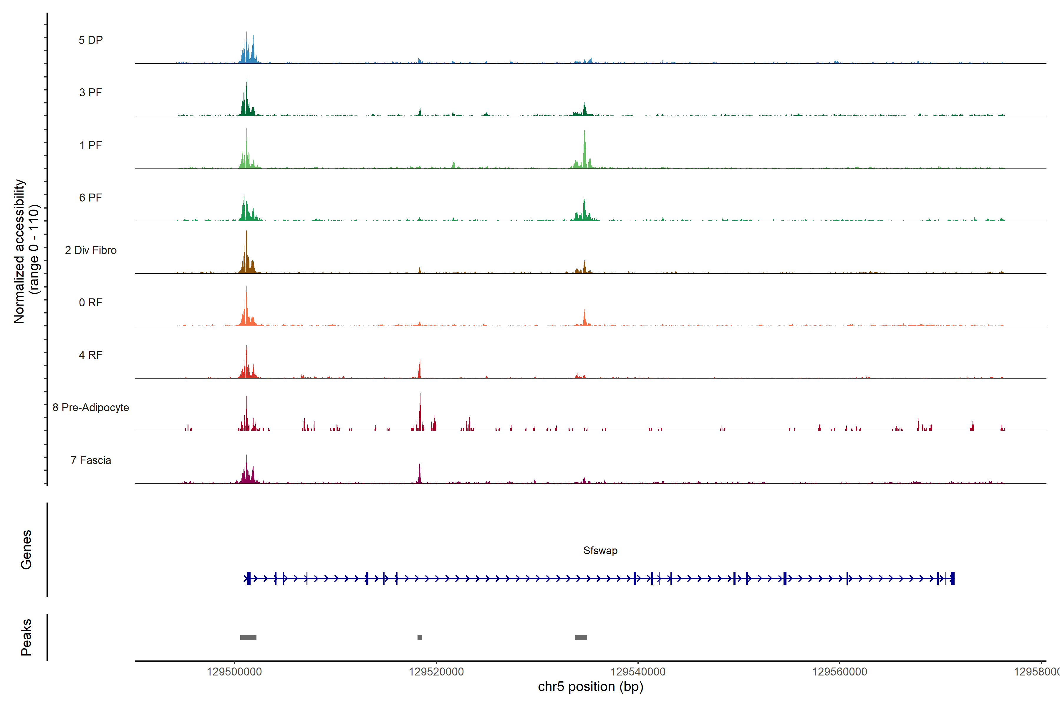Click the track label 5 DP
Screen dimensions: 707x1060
tap(91, 40)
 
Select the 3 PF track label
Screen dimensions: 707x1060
tap(91, 92)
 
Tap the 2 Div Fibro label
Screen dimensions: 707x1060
tap(91, 250)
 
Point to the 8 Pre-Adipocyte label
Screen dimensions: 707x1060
tap(91, 408)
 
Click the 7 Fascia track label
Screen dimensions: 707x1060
tap(91, 460)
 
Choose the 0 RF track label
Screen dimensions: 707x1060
tap(91, 303)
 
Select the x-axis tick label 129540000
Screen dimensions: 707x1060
tap(638, 672)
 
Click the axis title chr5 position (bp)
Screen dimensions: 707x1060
tap(590, 687)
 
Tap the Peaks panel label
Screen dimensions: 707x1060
tap(26, 637)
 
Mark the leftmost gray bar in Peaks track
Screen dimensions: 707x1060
tap(248, 637)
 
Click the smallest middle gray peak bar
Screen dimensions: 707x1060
tap(420, 637)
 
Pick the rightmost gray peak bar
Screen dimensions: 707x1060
tap(581, 637)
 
